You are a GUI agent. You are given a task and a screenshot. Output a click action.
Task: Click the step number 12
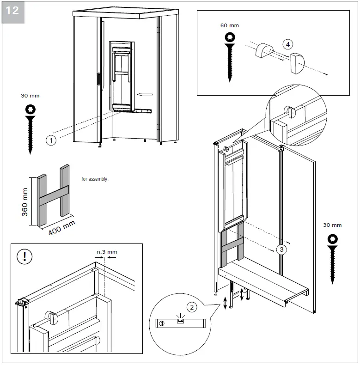tap(13, 10)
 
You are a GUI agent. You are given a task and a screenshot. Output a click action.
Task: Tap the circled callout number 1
tap(51, 140)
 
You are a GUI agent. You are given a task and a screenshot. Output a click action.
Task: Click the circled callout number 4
tap(288, 44)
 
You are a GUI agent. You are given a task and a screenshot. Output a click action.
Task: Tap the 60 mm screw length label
tap(230, 25)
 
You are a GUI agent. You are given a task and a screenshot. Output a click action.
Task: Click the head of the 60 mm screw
tap(230, 37)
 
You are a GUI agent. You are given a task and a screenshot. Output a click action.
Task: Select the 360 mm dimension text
tap(25, 201)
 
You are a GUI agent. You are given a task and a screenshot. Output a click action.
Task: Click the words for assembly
tap(94, 179)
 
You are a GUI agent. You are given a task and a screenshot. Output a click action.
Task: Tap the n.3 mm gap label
tap(107, 252)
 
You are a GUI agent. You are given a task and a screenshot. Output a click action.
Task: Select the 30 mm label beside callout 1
tap(31, 96)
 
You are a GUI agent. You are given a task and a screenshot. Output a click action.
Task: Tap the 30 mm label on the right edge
tap(332, 225)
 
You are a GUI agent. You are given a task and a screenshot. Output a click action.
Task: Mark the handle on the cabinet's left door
tap(98, 79)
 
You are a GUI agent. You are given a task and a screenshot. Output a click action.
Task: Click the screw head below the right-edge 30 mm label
tap(332, 239)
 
